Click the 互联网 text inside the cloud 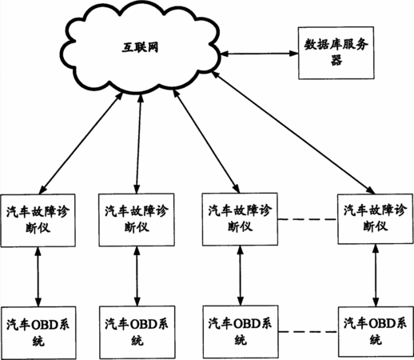(140, 48)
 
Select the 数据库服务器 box (336, 53)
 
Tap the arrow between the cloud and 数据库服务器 (259, 54)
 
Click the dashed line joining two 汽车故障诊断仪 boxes (308, 219)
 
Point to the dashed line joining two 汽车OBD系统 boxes (308, 332)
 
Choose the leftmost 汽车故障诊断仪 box (38, 220)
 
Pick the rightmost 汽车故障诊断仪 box (376, 219)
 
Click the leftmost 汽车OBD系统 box (38, 333)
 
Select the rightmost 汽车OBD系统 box (376, 331)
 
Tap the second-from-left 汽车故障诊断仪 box (137, 220)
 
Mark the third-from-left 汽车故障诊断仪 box (240, 219)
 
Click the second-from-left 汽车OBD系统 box (137, 332)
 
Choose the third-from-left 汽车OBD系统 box (241, 332)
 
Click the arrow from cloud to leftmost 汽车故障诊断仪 (81, 143)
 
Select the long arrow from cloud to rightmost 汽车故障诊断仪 (293, 133)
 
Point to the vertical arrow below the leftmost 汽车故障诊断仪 (38, 277)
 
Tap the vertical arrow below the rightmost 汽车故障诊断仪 (376, 275)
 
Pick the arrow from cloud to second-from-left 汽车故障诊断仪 (138, 143)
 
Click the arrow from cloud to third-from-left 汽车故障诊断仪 (206, 141)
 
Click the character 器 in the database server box (336, 61)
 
